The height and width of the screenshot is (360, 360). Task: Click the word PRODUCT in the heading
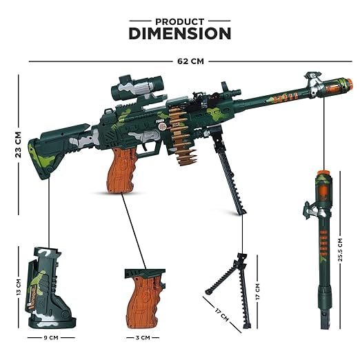tap(180, 22)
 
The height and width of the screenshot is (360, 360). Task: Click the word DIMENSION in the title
tap(180, 34)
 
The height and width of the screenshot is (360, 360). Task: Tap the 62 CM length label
tap(190, 61)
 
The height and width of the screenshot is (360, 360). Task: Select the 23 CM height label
tap(18, 145)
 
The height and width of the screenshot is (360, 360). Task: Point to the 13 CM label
tap(19, 287)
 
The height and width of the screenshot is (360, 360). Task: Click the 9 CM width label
tap(51, 338)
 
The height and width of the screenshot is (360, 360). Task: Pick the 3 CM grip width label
tap(143, 338)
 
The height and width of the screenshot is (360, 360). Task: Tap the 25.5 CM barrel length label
tap(340, 250)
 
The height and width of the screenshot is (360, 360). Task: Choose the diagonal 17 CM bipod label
tap(222, 315)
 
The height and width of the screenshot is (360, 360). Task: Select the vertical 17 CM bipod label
tap(257, 291)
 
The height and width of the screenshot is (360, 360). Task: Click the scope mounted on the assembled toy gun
tap(137, 88)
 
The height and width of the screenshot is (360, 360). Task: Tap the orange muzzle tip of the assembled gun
tap(350, 82)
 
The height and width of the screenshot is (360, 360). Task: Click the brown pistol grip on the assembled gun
tap(122, 170)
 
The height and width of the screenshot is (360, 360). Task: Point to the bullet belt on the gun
tap(182, 136)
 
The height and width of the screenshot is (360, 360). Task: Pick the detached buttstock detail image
tap(50, 288)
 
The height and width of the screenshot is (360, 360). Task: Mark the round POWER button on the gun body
tap(163, 126)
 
